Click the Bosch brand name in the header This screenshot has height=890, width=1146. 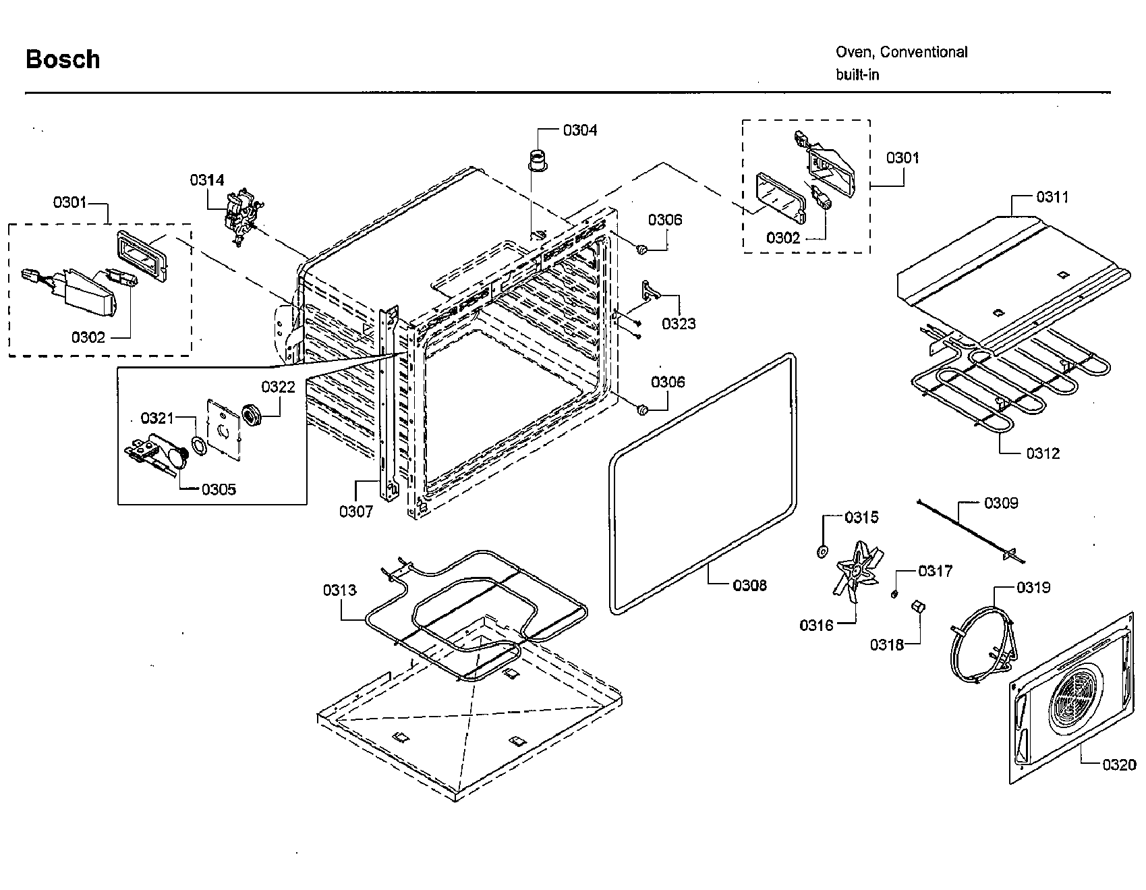tap(63, 59)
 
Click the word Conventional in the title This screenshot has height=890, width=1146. tap(924, 52)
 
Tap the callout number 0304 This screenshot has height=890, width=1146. tap(580, 130)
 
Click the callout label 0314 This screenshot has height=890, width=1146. tap(206, 179)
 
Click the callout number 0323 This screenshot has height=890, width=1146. tap(678, 323)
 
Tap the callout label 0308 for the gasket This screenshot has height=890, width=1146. tap(749, 585)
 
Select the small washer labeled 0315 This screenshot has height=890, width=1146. tap(822, 552)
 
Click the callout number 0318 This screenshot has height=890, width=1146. tap(886, 644)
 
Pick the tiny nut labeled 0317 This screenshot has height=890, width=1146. tap(894, 593)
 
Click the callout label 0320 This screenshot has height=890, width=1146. tap(1119, 764)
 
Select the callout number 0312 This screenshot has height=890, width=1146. tap(1043, 453)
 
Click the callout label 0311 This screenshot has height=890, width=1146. tap(1052, 197)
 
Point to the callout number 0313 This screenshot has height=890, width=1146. tap(339, 590)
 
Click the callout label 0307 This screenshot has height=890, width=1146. tap(355, 511)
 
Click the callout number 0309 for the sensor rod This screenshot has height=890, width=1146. tap(1001, 503)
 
